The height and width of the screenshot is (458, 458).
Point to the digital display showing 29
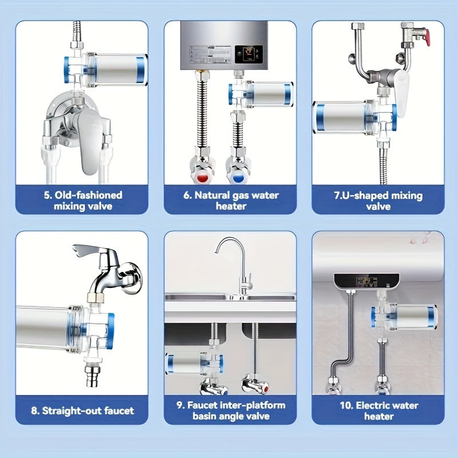tap(366, 282)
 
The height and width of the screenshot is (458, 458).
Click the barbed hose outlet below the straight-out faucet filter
tap(92, 376)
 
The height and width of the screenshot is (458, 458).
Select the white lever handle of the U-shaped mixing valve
tap(402, 93)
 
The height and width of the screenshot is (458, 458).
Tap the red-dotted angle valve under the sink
tap(255, 385)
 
